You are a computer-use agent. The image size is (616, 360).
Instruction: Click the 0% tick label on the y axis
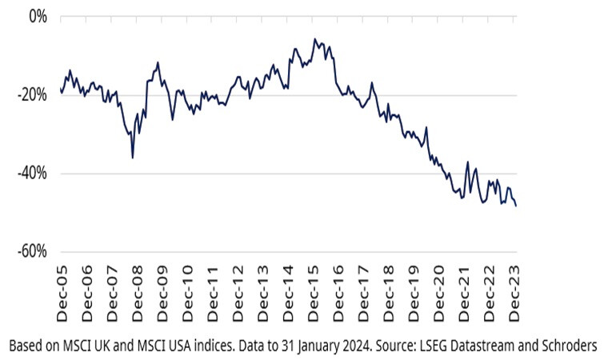[x=38, y=16]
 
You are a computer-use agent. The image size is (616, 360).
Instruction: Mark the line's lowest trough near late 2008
[x=133, y=158]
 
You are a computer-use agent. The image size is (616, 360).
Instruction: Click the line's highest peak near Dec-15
[x=315, y=38]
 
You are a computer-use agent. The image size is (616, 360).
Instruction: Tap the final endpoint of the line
[x=516, y=206]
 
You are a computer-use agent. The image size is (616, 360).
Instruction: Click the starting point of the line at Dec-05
[x=61, y=90]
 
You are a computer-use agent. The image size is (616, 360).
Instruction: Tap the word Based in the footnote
[x=26, y=346]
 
